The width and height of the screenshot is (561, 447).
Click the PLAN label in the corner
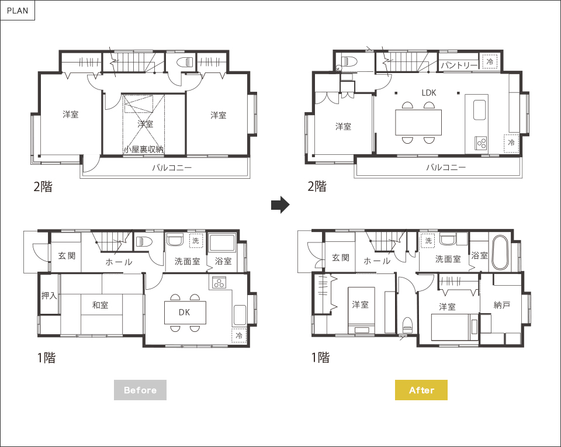(x=18, y=11)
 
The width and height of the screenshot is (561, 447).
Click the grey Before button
(x=140, y=390)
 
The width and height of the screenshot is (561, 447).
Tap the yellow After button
(x=421, y=390)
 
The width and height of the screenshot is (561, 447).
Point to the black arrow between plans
(x=280, y=205)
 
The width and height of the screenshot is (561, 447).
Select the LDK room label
(x=428, y=93)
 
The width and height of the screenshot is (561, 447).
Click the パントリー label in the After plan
(x=459, y=65)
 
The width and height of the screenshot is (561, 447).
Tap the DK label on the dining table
(x=184, y=312)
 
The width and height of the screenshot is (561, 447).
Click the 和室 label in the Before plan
(x=100, y=305)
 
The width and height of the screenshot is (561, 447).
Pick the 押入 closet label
(x=49, y=296)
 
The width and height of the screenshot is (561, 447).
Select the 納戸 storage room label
(x=501, y=305)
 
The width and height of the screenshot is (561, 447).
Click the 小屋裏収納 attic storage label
(x=144, y=149)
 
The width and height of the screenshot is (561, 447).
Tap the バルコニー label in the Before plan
(x=172, y=167)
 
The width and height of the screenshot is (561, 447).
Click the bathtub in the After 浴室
(x=500, y=252)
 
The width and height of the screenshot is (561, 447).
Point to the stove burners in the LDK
(x=481, y=143)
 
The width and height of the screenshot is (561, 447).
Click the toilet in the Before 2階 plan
(x=185, y=63)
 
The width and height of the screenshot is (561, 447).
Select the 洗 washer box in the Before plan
(x=196, y=241)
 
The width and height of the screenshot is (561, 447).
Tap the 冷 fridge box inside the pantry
(x=490, y=61)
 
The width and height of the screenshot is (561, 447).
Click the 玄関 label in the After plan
(x=341, y=258)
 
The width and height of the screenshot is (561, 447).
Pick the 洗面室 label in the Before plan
(x=187, y=261)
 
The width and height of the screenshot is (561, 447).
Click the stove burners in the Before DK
(x=219, y=283)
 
